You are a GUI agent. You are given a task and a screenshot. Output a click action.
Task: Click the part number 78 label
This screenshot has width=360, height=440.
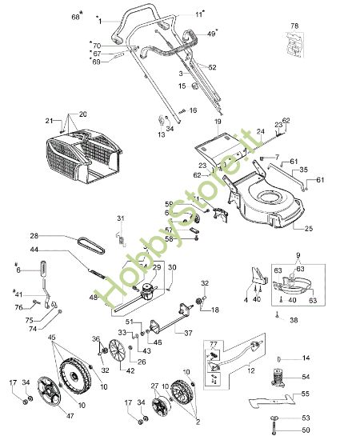[294, 26]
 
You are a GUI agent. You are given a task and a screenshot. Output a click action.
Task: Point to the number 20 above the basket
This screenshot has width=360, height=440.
[82, 114]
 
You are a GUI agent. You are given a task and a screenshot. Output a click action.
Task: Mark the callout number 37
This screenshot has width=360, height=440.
[189, 333]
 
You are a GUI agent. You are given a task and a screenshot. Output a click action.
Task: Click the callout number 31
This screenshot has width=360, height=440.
[121, 218]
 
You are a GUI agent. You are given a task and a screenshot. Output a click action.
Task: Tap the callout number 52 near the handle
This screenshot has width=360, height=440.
[213, 67]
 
